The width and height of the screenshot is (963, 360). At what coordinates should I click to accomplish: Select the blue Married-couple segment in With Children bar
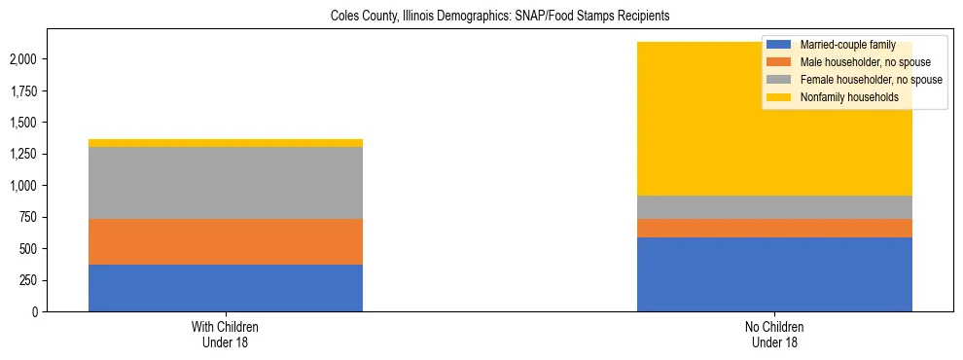pyautogui.click(x=226, y=288)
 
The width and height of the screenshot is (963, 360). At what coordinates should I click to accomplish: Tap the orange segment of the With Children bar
pyautogui.click(x=226, y=241)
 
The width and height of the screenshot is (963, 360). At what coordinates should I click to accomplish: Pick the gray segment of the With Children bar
pyautogui.click(x=226, y=183)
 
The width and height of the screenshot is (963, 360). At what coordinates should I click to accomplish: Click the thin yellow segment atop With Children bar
pyautogui.click(x=226, y=143)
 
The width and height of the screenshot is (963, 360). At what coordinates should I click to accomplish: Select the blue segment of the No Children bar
pyautogui.click(x=774, y=274)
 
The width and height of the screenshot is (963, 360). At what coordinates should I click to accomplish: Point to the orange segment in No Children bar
pyautogui.click(x=774, y=228)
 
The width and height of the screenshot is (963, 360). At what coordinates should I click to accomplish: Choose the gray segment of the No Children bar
pyautogui.click(x=774, y=207)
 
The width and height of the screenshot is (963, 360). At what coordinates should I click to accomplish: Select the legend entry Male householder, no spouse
pyautogui.click(x=857, y=62)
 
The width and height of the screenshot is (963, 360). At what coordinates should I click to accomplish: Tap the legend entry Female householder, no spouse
pyautogui.click(x=861, y=80)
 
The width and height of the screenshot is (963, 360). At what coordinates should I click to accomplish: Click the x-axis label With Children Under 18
pyautogui.click(x=226, y=335)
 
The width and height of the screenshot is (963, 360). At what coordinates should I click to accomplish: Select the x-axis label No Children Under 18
pyautogui.click(x=774, y=335)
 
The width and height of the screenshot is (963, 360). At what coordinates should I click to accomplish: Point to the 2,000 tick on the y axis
pyautogui.click(x=24, y=59)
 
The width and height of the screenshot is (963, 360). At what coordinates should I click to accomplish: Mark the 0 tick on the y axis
pyautogui.click(x=36, y=311)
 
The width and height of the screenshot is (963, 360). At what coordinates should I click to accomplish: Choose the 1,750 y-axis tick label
pyautogui.click(x=24, y=91)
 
